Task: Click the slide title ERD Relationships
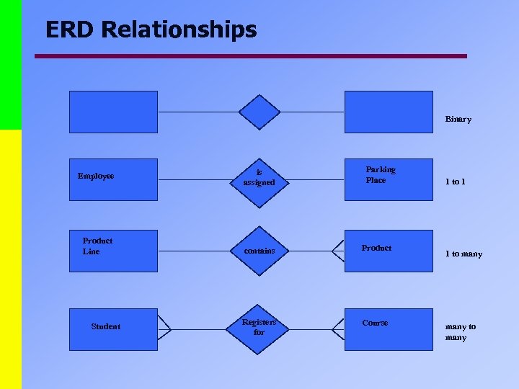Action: (x=151, y=30)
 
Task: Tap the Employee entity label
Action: (x=96, y=176)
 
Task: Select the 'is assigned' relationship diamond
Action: (x=259, y=178)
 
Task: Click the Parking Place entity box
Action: (x=389, y=179)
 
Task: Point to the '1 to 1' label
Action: (x=455, y=182)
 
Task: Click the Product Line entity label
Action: (x=97, y=246)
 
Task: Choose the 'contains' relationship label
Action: (x=259, y=251)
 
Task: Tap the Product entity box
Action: (x=389, y=251)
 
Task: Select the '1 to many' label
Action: (x=463, y=254)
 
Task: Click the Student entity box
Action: (x=113, y=327)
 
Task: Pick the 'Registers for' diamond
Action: (x=259, y=327)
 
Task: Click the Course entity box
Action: (x=389, y=327)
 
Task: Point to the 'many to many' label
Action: (x=461, y=331)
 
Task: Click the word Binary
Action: (x=458, y=119)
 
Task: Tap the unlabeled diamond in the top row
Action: (x=259, y=112)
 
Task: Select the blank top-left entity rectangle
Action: (x=113, y=112)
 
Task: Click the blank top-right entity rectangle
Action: (x=389, y=112)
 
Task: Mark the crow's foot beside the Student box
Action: (x=164, y=328)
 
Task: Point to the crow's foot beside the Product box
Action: (x=337, y=251)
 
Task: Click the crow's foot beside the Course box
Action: (x=337, y=328)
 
